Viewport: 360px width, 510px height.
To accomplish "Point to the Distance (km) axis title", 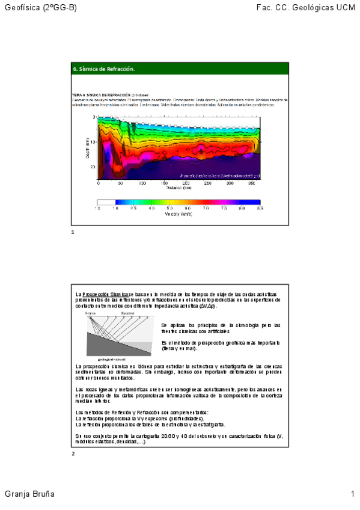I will point(179,188).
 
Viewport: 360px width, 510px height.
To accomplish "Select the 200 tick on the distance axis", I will point(186,183).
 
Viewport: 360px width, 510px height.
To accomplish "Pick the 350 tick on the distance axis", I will point(251,183).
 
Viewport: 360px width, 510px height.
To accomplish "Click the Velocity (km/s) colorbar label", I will point(178,215).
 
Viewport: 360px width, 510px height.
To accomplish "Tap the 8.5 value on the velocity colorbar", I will point(259,209).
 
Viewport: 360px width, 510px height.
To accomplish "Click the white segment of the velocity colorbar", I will point(106,203).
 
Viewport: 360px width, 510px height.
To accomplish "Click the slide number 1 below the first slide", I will point(72,232).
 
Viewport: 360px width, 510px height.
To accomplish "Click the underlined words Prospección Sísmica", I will point(105,294).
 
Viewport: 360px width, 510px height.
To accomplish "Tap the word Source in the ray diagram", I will point(90,314).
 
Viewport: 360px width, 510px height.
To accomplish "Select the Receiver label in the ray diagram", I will point(127,314).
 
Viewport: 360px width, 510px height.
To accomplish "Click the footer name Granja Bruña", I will point(29,494).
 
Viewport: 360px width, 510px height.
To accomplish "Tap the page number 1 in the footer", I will point(353,494).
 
